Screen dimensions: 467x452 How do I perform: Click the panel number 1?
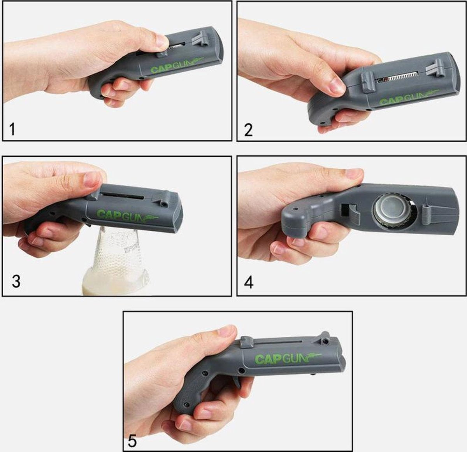point(12,129)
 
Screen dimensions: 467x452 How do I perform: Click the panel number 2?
point(248,130)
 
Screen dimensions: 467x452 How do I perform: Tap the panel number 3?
point(16,281)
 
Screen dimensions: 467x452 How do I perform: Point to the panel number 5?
point(132,441)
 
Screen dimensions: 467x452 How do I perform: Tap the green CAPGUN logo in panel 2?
point(409,98)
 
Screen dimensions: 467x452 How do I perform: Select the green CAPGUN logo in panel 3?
point(127,215)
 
